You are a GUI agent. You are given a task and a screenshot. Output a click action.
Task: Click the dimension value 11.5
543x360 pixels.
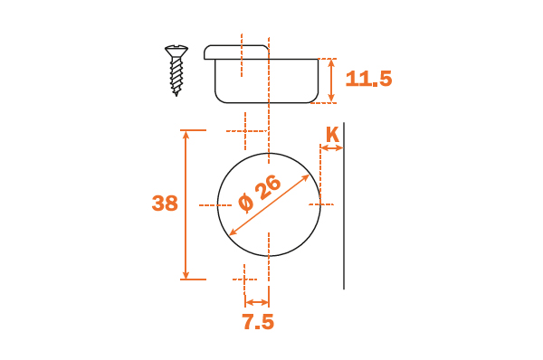coord(368,79)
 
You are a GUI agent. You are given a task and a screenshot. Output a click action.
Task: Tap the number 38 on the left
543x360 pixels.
coord(165,204)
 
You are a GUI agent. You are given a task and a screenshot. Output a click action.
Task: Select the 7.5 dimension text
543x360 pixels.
coord(258,322)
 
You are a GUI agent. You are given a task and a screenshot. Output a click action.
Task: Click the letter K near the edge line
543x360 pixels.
coord(332,135)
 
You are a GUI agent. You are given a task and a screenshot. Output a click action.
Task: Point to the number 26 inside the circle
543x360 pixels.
coord(268,187)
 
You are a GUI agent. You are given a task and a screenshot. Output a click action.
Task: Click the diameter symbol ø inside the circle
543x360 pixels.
coord(246,203)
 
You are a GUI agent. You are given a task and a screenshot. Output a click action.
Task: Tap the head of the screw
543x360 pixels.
coord(176,51)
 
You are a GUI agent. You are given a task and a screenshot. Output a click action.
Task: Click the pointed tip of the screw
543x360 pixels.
coord(176,94)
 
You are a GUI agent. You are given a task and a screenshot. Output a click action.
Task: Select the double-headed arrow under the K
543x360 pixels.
coord(332,148)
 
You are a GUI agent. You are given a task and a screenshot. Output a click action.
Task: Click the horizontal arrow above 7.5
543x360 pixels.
coord(257,302)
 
